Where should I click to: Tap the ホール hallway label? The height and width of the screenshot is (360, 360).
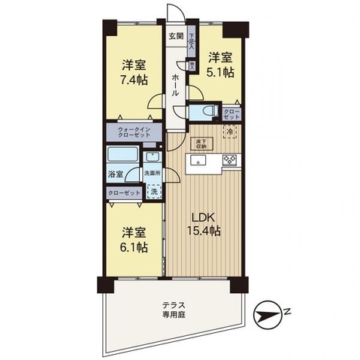175,86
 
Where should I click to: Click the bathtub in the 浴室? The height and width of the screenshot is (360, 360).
121,156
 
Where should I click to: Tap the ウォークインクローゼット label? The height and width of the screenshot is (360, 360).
135,132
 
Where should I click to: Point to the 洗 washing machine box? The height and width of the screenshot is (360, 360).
153,191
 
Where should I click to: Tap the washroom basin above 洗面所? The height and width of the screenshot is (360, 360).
152,157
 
